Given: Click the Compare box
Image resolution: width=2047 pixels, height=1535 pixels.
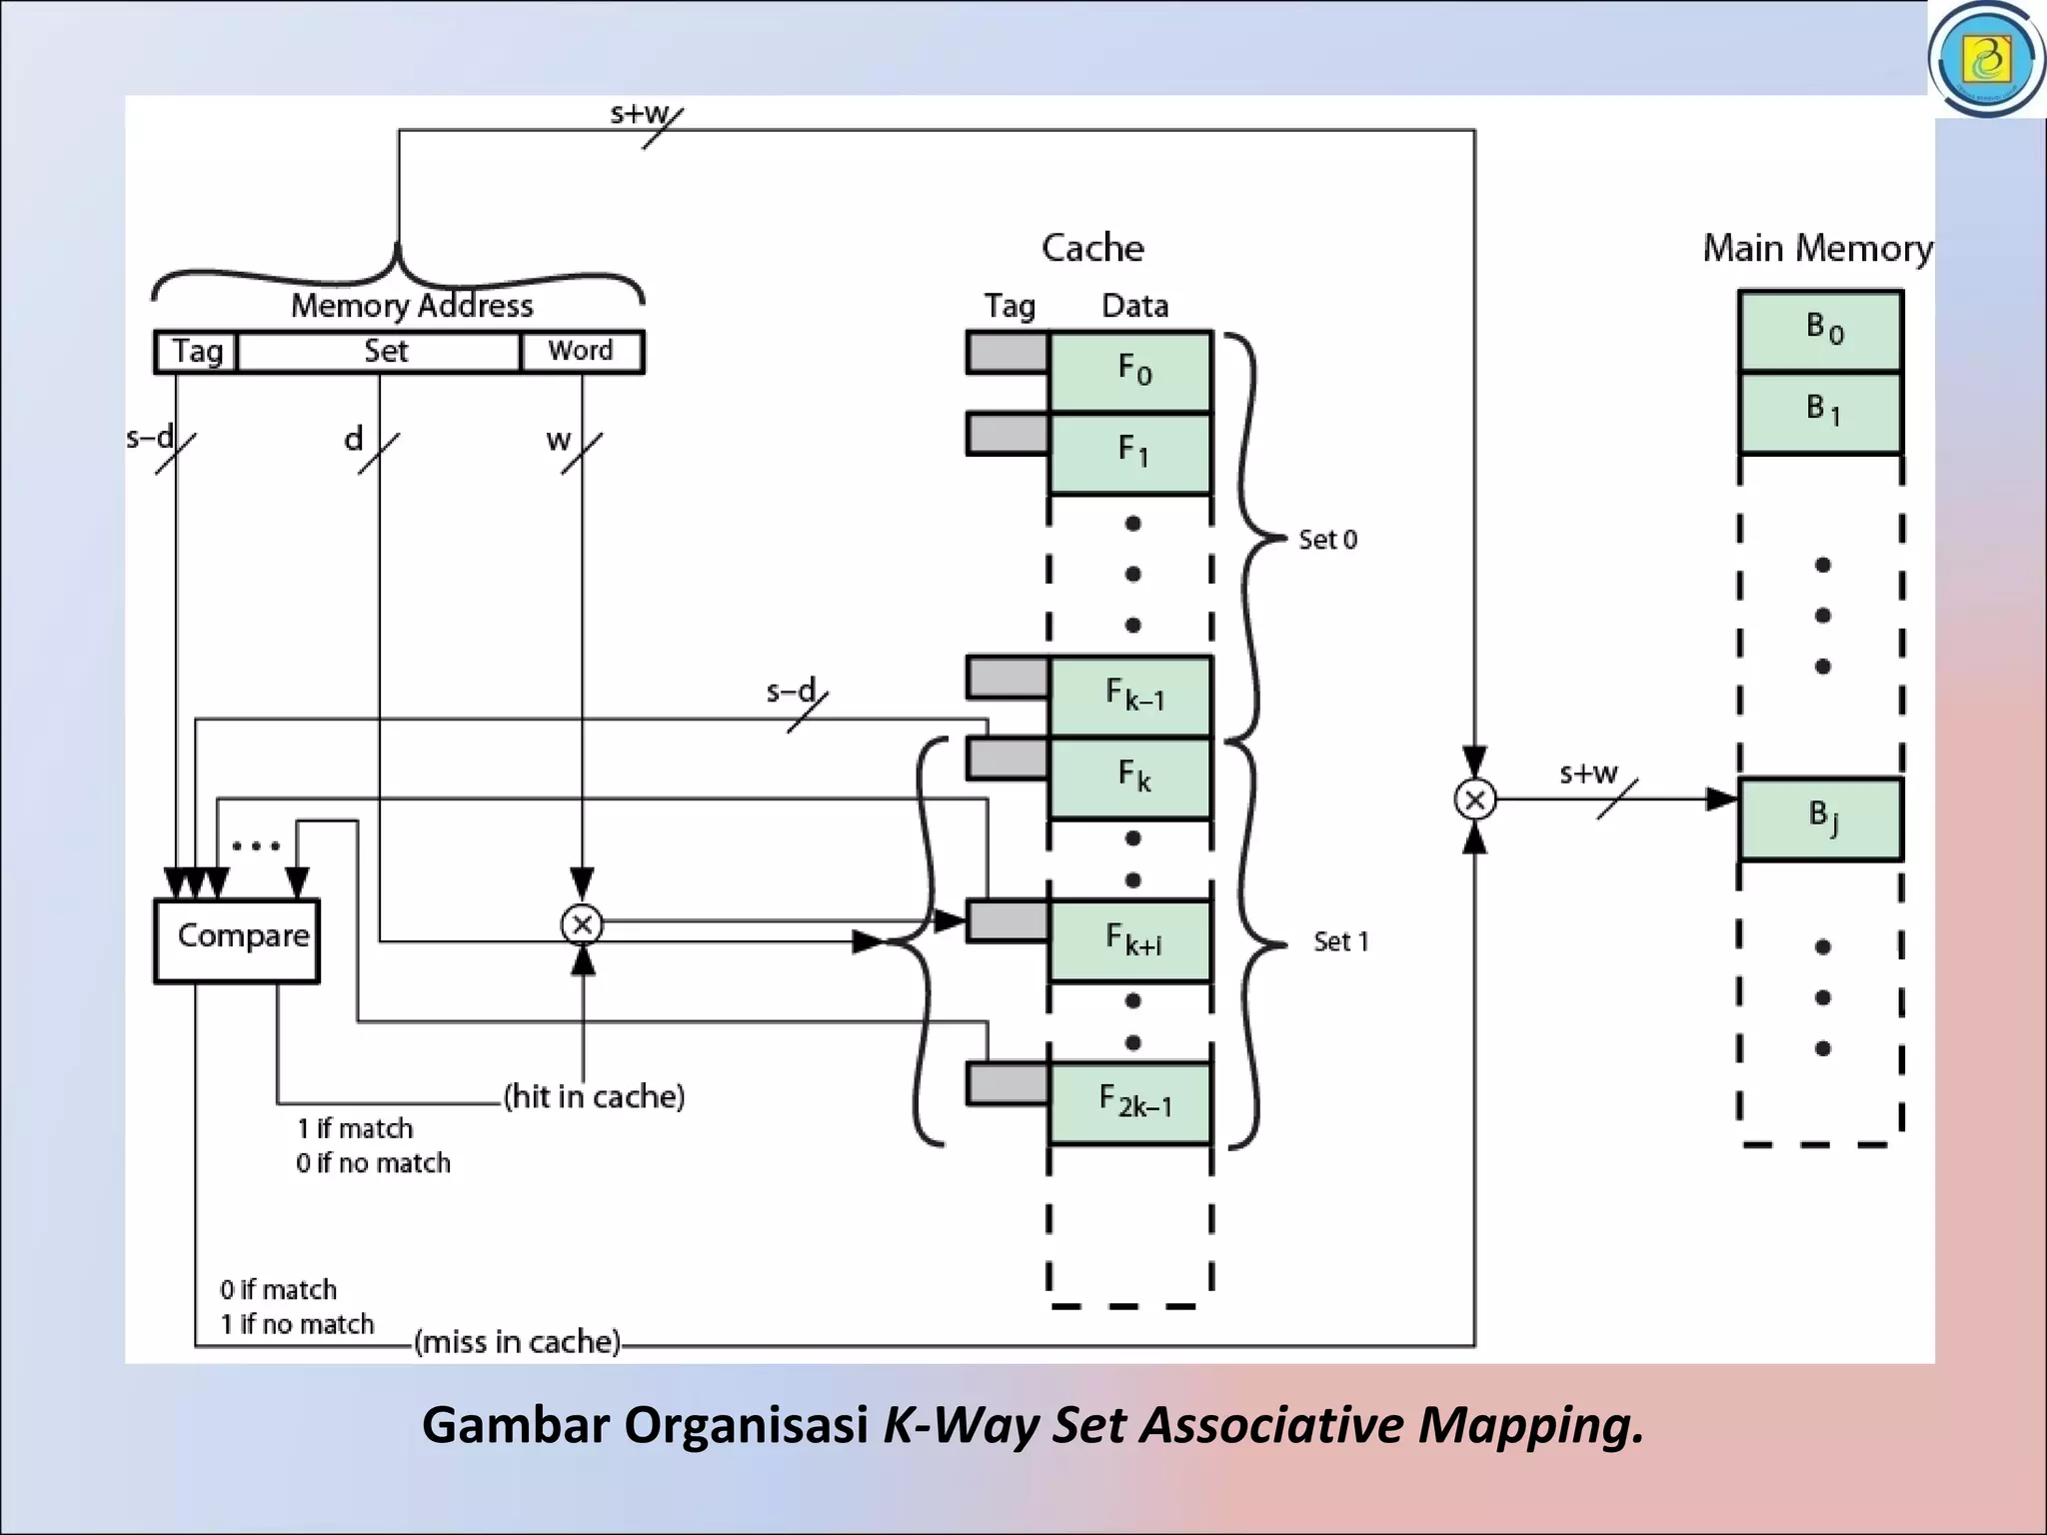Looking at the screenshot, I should point(237,940).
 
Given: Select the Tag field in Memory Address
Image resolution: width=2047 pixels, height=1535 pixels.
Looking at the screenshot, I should point(196,352).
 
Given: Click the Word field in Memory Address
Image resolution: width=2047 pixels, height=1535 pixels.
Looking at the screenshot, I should point(582,352).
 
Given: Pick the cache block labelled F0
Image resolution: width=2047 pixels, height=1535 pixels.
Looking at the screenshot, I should point(1130,372).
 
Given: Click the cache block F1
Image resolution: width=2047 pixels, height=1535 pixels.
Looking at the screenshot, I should point(1130,453).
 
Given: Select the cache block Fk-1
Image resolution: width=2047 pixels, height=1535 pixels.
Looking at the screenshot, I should point(1130,696).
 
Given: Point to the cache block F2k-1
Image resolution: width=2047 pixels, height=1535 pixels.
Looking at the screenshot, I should point(1130,1102).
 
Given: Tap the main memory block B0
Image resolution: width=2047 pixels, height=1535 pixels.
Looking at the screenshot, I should point(1820,331).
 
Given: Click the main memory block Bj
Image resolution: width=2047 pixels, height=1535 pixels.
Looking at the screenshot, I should point(1820,817).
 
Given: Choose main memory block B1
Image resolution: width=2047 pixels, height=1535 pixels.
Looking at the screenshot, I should point(1820,412).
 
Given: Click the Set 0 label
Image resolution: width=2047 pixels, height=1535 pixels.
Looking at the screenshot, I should point(1327,540).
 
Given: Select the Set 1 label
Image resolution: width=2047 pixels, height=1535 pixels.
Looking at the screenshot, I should point(1340,941).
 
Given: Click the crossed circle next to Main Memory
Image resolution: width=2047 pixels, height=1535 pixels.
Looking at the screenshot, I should point(1474,799).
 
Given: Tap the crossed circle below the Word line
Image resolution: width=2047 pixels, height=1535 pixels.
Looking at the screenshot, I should point(582,924).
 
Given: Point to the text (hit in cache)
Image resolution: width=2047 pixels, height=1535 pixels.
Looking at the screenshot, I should point(594,1096).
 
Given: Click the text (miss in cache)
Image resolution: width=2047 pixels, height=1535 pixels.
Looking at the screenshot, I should point(518,1341).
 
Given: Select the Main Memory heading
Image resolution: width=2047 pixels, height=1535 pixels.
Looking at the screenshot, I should point(1817,248).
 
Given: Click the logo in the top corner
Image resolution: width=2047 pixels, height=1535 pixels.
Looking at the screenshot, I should point(1986,60).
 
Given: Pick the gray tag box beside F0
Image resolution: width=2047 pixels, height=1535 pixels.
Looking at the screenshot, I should point(1007,353).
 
